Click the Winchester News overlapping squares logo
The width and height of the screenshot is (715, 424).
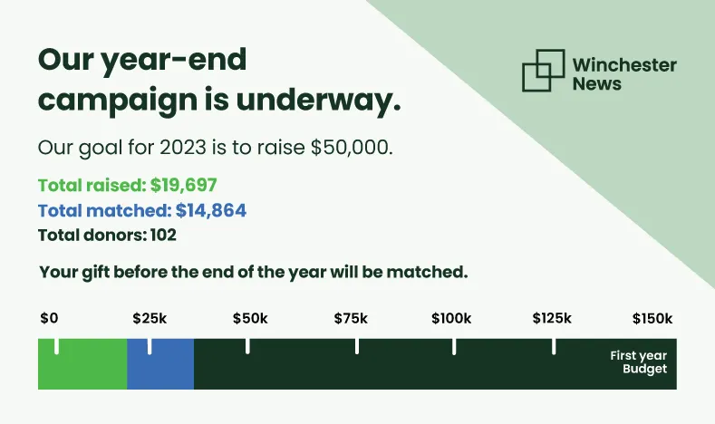coord(544,70)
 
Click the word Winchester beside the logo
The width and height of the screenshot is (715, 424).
coord(624,64)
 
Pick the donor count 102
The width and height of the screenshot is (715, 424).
coord(164,235)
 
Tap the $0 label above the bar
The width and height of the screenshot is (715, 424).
coord(49,318)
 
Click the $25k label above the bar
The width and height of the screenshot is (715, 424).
coord(150,318)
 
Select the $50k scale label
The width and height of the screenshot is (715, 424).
coord(250,318)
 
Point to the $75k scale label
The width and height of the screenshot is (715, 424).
coord(351,318)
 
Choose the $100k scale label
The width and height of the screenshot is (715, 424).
coord(451,318)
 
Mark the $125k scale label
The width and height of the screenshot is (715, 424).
coord(552,318)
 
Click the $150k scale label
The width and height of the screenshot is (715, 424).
coord(652,318)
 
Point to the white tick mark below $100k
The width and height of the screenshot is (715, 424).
coord(454,346)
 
